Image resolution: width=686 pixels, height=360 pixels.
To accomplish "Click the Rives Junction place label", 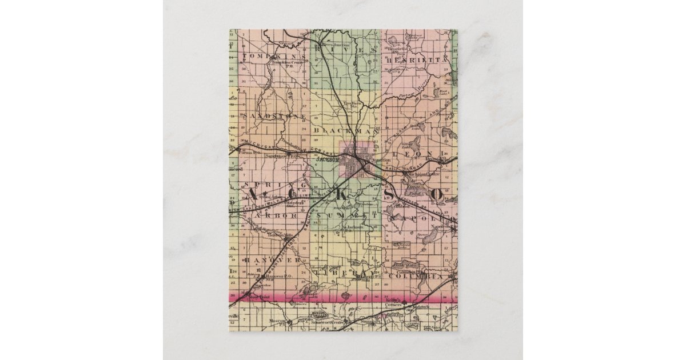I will coord(334,43).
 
